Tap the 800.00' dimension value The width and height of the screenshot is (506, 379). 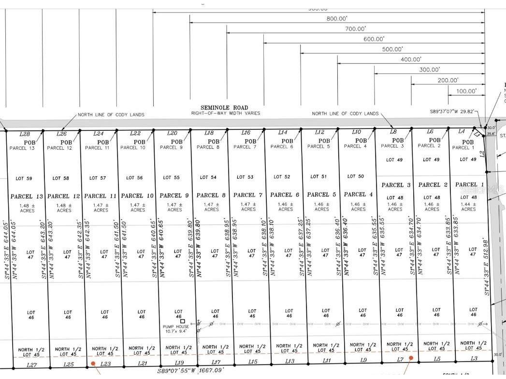click(x=337, y=18)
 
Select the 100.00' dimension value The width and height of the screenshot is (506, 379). click(x=466, y=91)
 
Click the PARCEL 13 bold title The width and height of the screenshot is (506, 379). click(x=28, y=197)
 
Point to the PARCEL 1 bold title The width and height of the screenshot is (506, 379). click(x=469, y=184)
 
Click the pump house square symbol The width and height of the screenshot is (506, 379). click(x=183, y=321)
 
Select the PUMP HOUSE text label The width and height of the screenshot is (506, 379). click(x=175, y=327)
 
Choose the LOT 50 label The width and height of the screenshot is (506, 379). click(x=355, y=176)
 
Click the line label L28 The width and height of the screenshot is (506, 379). click(x=25, y=134)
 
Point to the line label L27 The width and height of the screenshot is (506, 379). click(x=32, y=365)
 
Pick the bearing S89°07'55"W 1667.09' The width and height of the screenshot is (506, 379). click(x=191, y=371)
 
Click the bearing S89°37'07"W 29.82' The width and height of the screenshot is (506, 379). click(x=452, y=111)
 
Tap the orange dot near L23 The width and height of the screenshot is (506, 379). click(x=93, y=363)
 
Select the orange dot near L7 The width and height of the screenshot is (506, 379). click(x=411, y=358)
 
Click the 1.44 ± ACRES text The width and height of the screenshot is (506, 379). click(x=468, y=207)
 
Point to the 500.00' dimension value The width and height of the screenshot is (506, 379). click(x=392, y=49)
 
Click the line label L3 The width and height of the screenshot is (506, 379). click(x=474, y=358)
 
